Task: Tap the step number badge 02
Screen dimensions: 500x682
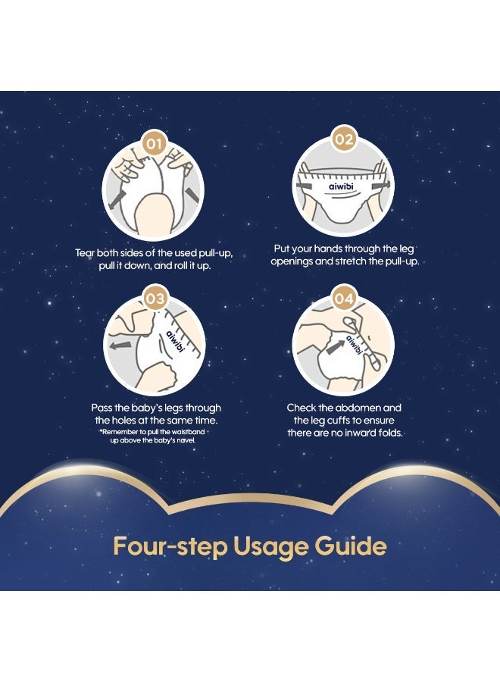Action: tap(343, 140)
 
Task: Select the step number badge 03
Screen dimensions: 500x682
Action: tap(155, 299)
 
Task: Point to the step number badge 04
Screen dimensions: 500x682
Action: tap(343, 299)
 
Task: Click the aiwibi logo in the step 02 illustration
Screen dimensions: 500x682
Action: tap(341, 186)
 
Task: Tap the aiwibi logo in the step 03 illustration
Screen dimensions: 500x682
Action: tap(176, 342)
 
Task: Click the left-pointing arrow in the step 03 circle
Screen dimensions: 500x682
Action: tap(120, 346)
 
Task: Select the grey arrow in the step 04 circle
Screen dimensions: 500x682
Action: tap(335, 347)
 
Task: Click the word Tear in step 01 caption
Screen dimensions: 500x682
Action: tap(85, 253)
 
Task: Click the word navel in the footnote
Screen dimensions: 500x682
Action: tap(187, 440)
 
